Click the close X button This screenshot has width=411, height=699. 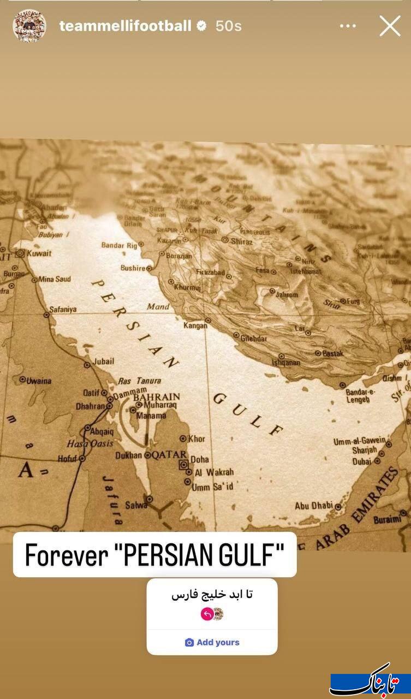(390, 26)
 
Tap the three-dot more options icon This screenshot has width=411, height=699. (348, 26)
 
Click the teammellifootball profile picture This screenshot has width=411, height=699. (29, 26)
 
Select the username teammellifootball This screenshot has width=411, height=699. (125, 26)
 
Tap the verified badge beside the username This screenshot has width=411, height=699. (201, 26)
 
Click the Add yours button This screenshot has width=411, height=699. (212, 642)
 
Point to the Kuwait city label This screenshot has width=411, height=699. (39, 253)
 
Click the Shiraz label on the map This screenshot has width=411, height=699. (241, 241)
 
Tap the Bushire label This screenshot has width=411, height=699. (133, 268)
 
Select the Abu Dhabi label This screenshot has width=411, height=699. (313, 506)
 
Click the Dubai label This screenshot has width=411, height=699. (362, 461)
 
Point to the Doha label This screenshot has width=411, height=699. (200, 460)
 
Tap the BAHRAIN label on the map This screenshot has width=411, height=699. (157, 397)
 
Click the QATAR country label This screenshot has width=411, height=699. (170, 455)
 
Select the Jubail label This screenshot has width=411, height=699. (104, 361)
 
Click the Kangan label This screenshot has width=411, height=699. (195, 325)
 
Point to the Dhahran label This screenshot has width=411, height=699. (90, 406)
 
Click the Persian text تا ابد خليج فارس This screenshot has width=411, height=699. (212, 595)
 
